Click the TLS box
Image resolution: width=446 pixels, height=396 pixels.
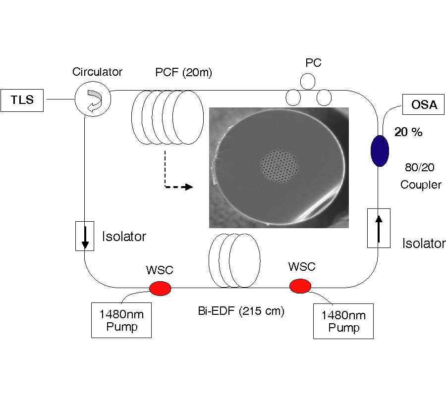23,100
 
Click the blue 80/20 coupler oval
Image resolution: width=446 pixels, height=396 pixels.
380,151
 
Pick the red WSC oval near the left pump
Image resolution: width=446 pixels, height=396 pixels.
160,287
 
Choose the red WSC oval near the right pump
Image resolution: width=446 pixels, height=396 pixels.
300,286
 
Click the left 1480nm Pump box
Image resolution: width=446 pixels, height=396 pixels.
121,320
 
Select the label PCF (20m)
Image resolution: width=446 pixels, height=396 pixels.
183,73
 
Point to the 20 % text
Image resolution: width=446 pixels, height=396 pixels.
408,132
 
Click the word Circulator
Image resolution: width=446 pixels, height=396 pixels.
97,72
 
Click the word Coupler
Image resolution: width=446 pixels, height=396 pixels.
421,185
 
